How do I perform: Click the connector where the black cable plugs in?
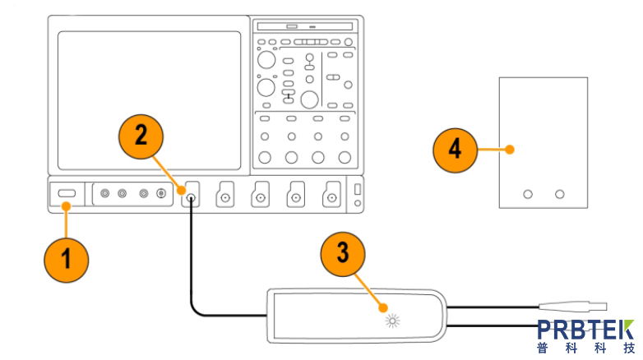192,197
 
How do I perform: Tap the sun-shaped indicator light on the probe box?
391,319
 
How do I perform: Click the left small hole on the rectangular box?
528,194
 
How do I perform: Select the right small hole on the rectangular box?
560,194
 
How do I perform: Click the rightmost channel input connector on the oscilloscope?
331,197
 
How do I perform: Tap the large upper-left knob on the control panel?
266,59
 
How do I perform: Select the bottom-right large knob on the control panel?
343,156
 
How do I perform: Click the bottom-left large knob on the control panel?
266,156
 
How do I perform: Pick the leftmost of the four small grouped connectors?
104,194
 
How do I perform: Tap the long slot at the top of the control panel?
304,26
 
